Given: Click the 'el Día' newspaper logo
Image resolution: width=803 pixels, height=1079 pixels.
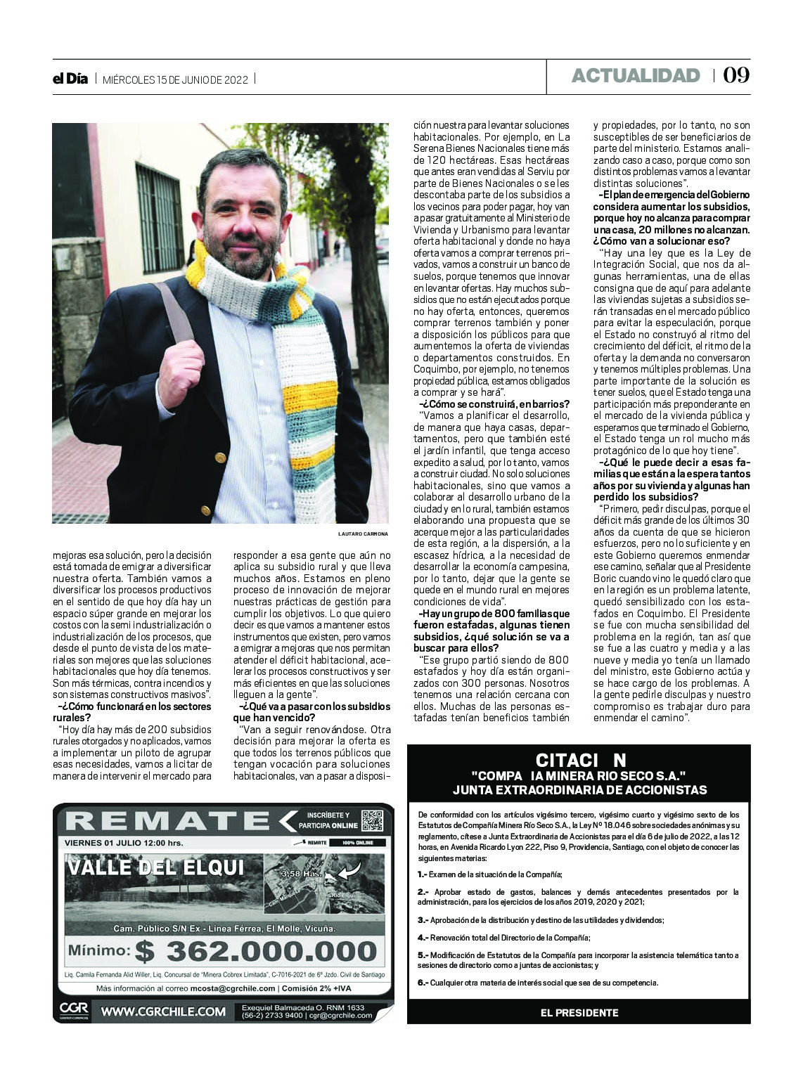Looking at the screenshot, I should (70, 79).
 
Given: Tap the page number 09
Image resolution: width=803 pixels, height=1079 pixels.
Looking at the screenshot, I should (736, 75).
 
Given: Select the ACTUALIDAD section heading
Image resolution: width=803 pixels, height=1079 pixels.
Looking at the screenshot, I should (636, 76).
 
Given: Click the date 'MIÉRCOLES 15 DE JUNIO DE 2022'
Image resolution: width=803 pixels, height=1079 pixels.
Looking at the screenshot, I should (175, 79).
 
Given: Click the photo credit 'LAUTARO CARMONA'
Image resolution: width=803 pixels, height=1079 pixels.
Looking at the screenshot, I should (363, 534).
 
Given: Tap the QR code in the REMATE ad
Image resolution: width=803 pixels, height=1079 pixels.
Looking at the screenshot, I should (372, 820).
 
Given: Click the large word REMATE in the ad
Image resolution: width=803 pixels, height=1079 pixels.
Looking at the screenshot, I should (168, 820).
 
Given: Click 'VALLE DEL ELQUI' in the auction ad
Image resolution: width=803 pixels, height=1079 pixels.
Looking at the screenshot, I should (156, 867).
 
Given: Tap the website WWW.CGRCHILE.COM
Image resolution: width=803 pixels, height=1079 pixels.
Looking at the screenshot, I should (163, 1012).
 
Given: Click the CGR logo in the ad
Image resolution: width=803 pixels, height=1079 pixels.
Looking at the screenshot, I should (73, 1011).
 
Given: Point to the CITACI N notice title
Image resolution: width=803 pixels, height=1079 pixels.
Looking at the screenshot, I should (580, 760).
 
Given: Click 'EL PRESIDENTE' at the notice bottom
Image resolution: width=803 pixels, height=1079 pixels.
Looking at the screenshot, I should (579, 1012).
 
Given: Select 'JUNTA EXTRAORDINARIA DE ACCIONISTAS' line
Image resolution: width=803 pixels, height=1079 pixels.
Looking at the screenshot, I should (579, 789).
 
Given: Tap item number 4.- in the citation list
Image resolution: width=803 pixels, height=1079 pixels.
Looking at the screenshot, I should (423, 938).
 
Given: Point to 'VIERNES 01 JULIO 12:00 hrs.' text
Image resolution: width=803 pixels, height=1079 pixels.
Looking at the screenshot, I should (124, 842).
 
